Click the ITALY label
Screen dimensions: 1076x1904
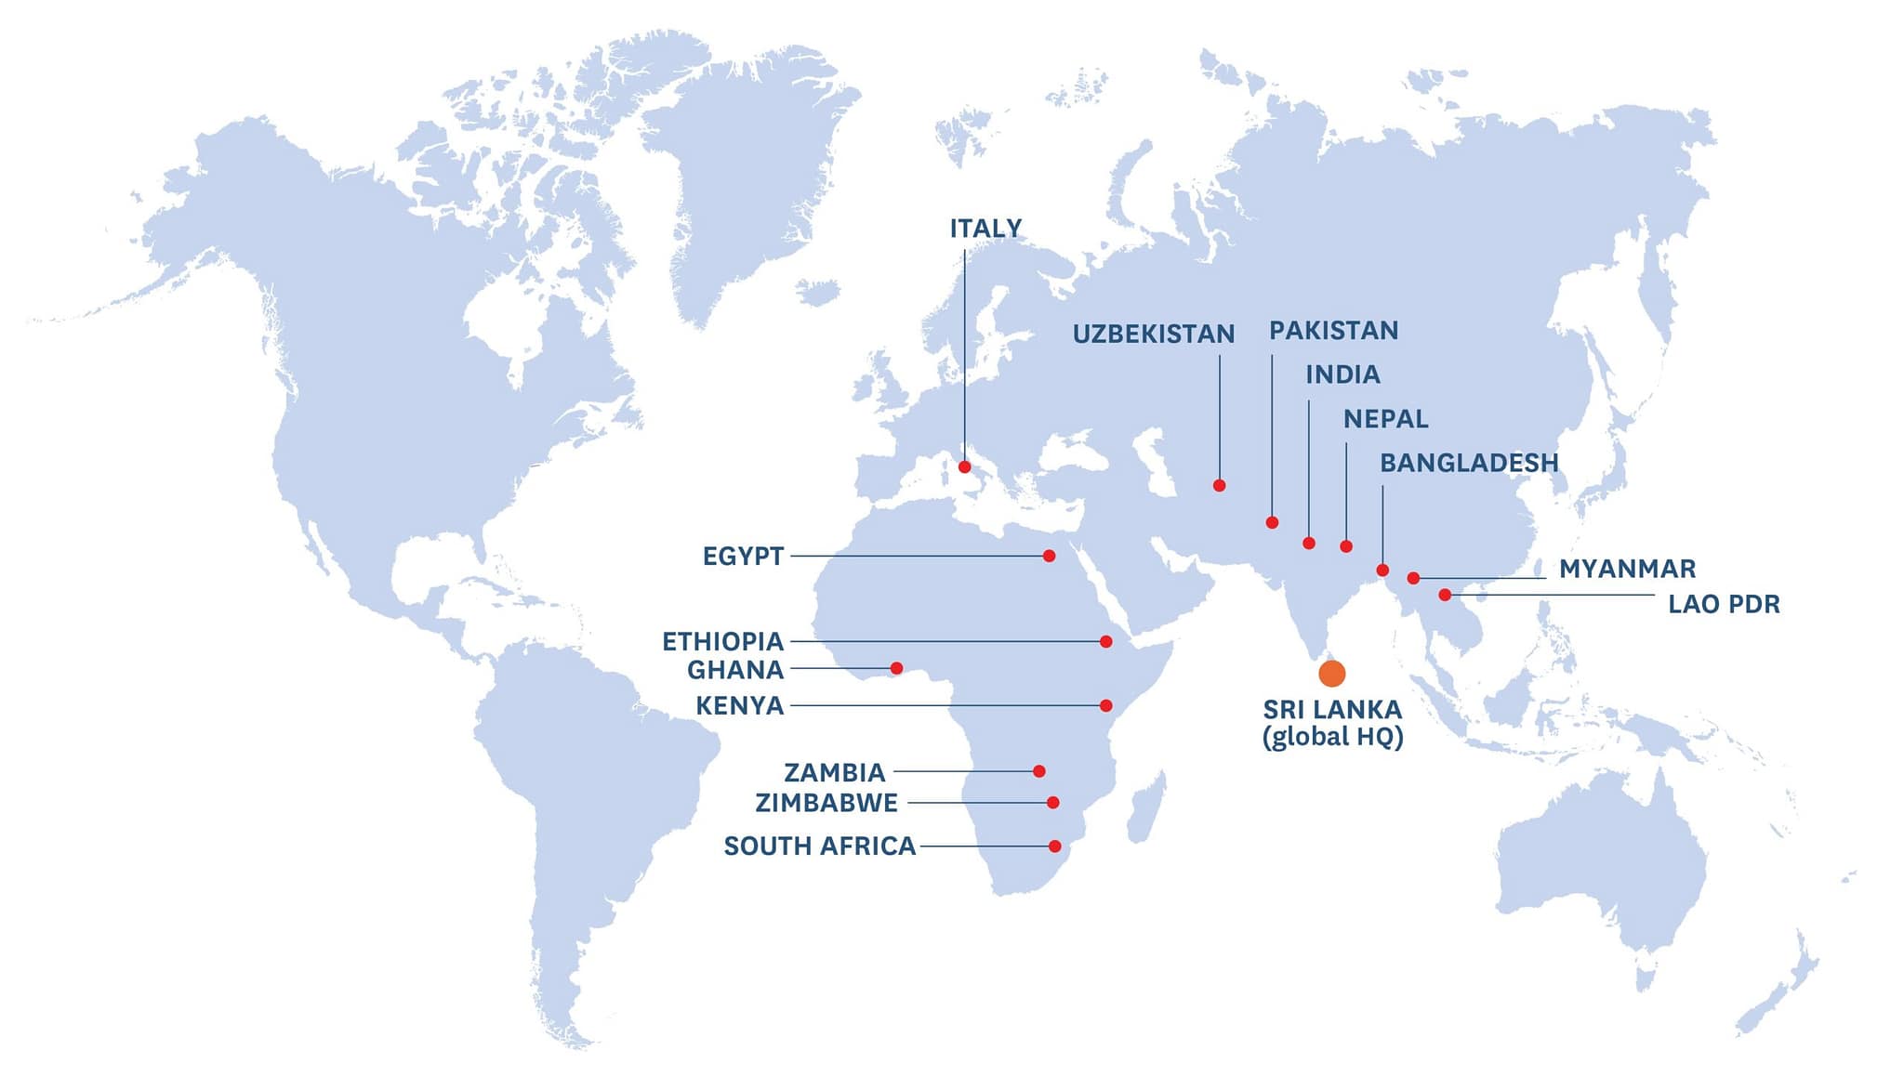coord(985,229)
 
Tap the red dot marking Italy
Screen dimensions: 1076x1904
coord(964,467)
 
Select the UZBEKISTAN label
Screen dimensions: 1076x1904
coord(1154,335)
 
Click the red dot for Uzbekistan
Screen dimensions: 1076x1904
coord(1219,486)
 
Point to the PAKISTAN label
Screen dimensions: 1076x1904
coord(1333,331)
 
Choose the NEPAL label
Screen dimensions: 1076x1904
coord(1385,419)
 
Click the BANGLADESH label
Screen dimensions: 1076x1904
coord(1469,463)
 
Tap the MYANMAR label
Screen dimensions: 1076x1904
coord(1627,569)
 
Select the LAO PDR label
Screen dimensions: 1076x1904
coord(1724,604)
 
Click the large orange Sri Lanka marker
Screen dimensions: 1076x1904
coord(1331,674)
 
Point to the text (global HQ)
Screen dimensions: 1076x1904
coord(1332,737)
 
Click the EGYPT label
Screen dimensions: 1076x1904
coord(743,557)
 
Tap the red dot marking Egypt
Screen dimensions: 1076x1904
coord(1049,557)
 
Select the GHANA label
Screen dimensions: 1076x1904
coord(734,670)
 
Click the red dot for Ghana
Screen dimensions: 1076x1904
coord(896,668)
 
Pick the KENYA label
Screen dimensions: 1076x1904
coord(739,706)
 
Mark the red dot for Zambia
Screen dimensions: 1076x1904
coord(1039,771)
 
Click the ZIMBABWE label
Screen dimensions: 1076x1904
coord(826,803)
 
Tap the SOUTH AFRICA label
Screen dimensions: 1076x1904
coord(819,846)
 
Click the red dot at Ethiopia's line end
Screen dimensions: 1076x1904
coord(1105,641)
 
